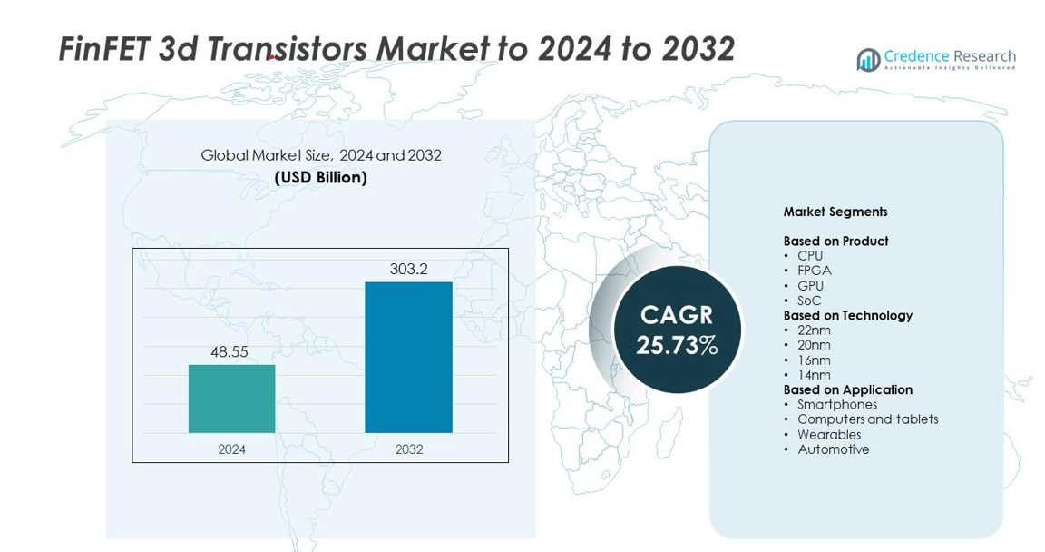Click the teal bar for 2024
tap(231, 399)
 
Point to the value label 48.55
tap(230, 352)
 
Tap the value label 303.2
tap(408, 270)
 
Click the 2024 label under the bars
tap(231, 449)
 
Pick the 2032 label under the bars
tap(408, 449)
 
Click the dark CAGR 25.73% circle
tap(677, 330)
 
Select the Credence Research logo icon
tap(868, 60)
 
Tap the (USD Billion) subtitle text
tap(321, 178)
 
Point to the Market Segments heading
tap(835, 212)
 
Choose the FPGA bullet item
tap(814, 271)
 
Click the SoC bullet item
tap(810, 301)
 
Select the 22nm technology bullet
tap(814, 330)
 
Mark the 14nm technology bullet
tap(814, 375)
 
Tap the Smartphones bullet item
tap(837, 405)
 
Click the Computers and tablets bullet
tap(867, 419)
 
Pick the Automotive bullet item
tap(833, 449)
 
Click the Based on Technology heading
tap(847, 316)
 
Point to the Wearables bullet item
tap(829, 435)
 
